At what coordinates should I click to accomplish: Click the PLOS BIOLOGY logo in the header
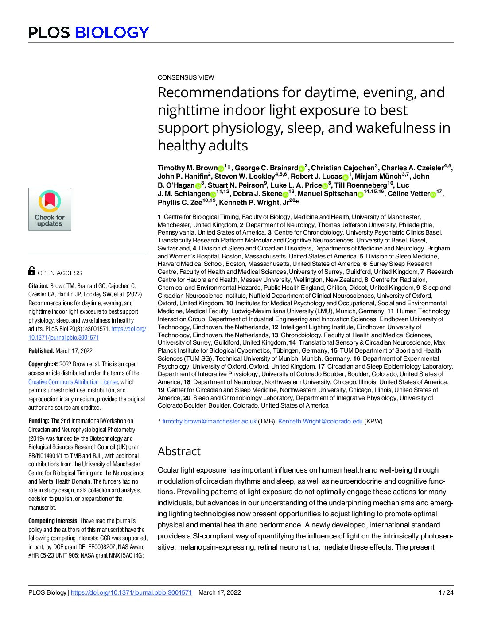coord(89,32)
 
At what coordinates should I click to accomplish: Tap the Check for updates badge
coord(50,209)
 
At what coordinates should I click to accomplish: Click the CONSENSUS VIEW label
coord(186,77)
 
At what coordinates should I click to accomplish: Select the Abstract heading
coord(179,451)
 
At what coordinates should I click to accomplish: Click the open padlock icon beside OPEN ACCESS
coord(32,271)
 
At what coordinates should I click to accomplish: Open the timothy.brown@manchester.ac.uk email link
coord(209,421)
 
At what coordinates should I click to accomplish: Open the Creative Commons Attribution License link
coord(73,382)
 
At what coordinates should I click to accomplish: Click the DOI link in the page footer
coord(131,592)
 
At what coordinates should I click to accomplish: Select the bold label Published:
coord(41,351)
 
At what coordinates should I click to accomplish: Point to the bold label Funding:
coord(39,421)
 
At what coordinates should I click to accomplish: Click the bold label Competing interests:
coord(54,521)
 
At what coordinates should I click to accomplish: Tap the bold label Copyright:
coord(41,364)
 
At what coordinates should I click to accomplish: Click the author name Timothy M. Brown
coord(187,168)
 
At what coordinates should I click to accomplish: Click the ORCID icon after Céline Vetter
coord(433,194)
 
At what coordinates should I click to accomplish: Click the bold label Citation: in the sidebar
coord(39,286)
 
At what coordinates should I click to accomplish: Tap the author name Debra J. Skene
coord(257,194)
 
